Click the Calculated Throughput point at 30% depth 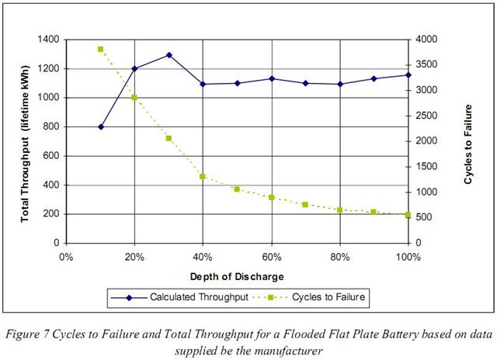point(169,55)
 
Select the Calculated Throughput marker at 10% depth point(100,126)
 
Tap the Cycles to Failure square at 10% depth point(100,49)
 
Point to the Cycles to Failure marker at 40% point(203,176)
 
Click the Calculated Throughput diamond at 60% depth point(271,78)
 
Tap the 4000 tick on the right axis point(426,40)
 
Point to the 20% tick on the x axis point(134,256)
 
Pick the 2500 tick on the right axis point(426,116)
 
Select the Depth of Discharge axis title point(237,276)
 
